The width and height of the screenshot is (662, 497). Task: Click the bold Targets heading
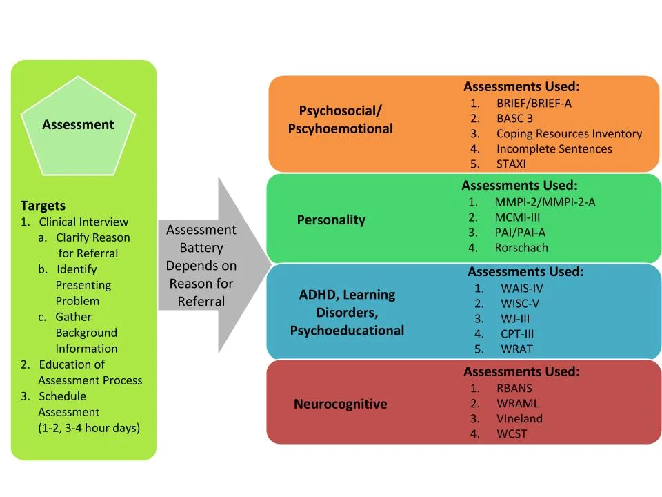43,206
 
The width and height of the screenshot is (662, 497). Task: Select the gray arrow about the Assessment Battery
207,266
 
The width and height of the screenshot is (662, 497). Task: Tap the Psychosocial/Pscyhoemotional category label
340,119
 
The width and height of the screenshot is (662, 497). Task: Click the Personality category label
331,220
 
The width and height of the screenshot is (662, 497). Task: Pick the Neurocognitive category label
340,404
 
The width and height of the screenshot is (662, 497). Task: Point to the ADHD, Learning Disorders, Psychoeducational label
347,312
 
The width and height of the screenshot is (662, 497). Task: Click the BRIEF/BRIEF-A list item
533,104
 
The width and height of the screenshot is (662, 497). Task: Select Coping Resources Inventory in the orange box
568,134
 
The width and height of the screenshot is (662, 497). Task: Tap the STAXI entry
510,164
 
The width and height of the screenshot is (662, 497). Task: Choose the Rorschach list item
521,248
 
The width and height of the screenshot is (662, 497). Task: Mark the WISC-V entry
520,304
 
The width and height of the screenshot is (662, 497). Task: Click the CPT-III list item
517,334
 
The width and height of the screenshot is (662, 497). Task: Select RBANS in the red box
514,388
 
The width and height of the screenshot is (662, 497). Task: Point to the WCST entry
512,433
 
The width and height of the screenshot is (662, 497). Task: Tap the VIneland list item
519,418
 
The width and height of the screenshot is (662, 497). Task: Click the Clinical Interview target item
83,222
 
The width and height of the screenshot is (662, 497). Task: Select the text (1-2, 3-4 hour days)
89,428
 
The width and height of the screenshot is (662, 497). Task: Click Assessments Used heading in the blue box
525,272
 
